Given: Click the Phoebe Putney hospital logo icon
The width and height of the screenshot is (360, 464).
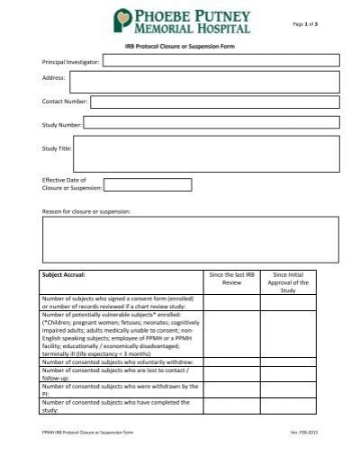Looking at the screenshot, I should click(123, 22).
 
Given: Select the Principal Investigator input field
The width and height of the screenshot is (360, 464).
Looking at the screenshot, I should click(220, 60).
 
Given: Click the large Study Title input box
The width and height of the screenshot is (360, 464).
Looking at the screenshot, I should click(206, 153).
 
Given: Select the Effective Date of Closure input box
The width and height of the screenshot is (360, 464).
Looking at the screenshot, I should click(148, 185).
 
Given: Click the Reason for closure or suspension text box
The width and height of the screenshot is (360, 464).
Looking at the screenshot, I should click(190, 238).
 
